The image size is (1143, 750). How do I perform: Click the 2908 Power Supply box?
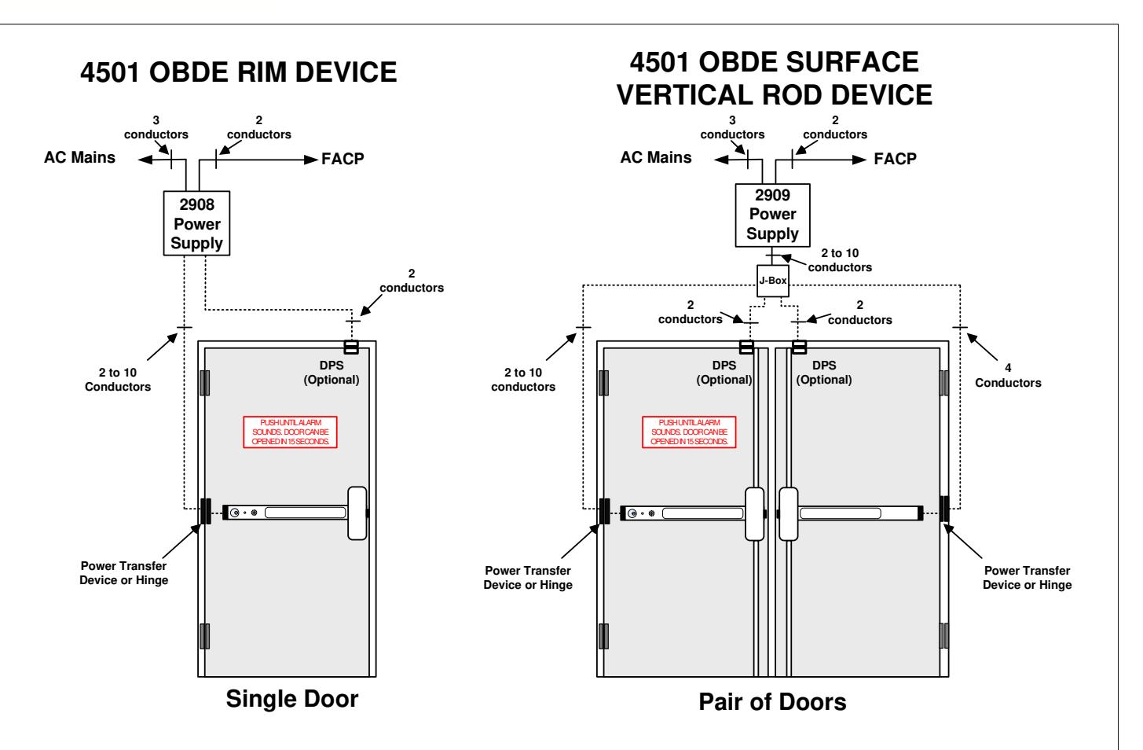196,223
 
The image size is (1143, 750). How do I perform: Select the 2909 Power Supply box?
772,215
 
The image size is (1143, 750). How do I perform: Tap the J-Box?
772,281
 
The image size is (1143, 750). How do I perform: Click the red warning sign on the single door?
291,432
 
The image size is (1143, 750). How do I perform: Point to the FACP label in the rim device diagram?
343,159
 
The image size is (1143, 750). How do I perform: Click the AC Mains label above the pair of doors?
656,157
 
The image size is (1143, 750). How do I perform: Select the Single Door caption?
292,699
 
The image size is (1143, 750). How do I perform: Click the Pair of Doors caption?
772,702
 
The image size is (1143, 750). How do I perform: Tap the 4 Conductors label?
1008,375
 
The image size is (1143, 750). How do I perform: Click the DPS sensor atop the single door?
351,347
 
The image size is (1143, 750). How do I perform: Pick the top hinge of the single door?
204,383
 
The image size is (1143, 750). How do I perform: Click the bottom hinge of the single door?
204,636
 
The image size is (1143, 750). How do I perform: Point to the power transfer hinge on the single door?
205,511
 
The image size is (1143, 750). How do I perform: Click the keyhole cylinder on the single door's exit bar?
235,513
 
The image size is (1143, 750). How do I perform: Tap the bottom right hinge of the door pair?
944,636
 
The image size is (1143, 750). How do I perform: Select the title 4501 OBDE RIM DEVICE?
238,72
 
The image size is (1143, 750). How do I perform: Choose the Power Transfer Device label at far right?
1027,577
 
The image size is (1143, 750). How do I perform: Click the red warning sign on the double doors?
689,432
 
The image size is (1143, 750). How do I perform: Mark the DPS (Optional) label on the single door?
332,372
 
